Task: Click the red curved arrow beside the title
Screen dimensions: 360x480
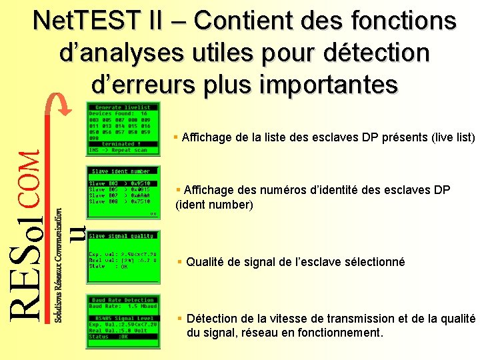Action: point(60,109)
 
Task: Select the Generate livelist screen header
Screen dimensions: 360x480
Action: point(123,107)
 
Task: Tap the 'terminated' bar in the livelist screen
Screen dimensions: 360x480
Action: point(123,144)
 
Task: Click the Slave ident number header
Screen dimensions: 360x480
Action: point(121,171)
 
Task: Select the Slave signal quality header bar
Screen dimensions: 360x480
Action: point(123,236)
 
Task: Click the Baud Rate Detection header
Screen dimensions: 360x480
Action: point(123,300)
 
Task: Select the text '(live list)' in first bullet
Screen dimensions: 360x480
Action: point(453,138)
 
